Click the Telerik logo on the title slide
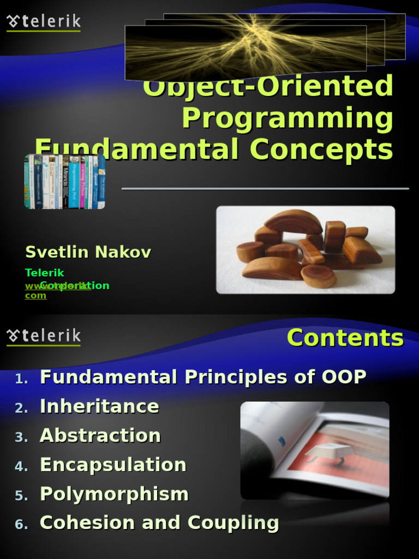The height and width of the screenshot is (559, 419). (x=44, y=22)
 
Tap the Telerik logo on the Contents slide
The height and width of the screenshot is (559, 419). (x=44, y=336)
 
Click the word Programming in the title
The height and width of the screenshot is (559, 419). (x=288, y=118)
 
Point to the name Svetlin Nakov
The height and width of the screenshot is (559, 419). (x=88, y=252)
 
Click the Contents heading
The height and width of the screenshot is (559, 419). (x=345, y=337)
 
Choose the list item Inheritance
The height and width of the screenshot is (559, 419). (x=99, y=406)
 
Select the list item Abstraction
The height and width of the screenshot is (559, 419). (x=100, y=436)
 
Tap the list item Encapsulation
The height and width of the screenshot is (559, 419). (x=113, y=465)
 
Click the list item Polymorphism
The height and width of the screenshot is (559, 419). (x=114, y=494)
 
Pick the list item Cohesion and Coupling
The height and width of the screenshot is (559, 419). (x=159, y=523)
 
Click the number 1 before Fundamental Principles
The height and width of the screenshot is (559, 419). (x=21, y=378)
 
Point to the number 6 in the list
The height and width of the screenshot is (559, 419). (x=21, y=525)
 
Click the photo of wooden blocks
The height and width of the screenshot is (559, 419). (x=306, y=249)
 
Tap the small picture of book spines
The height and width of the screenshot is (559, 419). (x=64, y=182)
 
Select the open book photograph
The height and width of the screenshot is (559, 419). (x=315, y=450)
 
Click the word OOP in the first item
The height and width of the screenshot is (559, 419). (x=344, y=377)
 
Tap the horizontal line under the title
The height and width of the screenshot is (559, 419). (x=265, y=189)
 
